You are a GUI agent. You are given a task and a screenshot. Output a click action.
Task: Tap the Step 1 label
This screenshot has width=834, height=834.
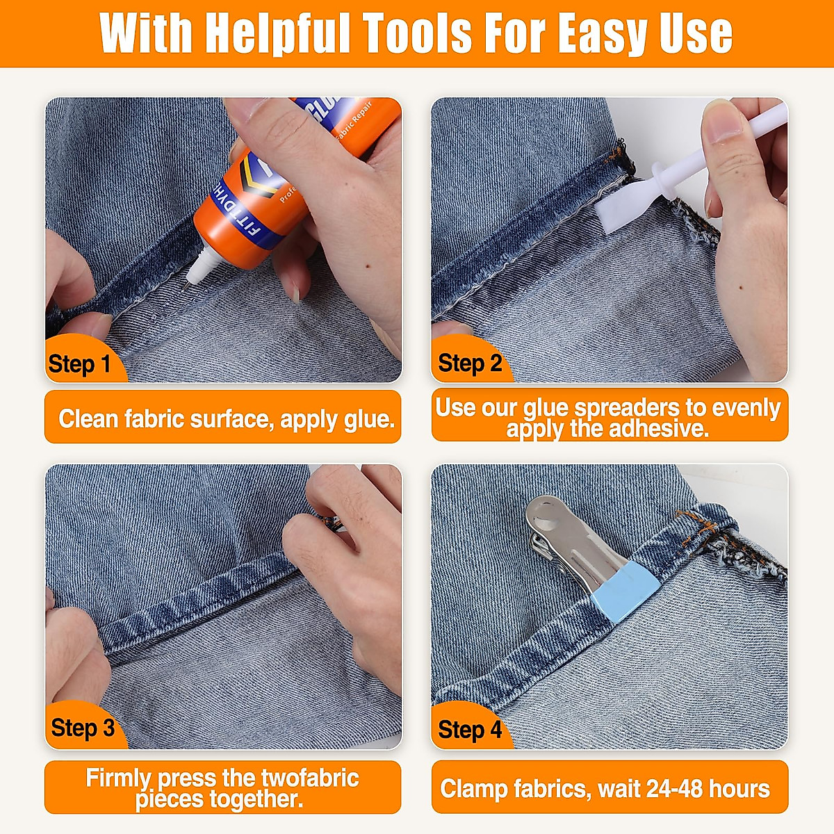(79, 364)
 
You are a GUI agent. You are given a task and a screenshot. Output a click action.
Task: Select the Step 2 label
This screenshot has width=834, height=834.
(470, 363)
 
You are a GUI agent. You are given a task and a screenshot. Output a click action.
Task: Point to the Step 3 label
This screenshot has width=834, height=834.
(83, 728)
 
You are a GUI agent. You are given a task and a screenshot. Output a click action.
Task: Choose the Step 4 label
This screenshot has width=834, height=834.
(470, 730)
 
